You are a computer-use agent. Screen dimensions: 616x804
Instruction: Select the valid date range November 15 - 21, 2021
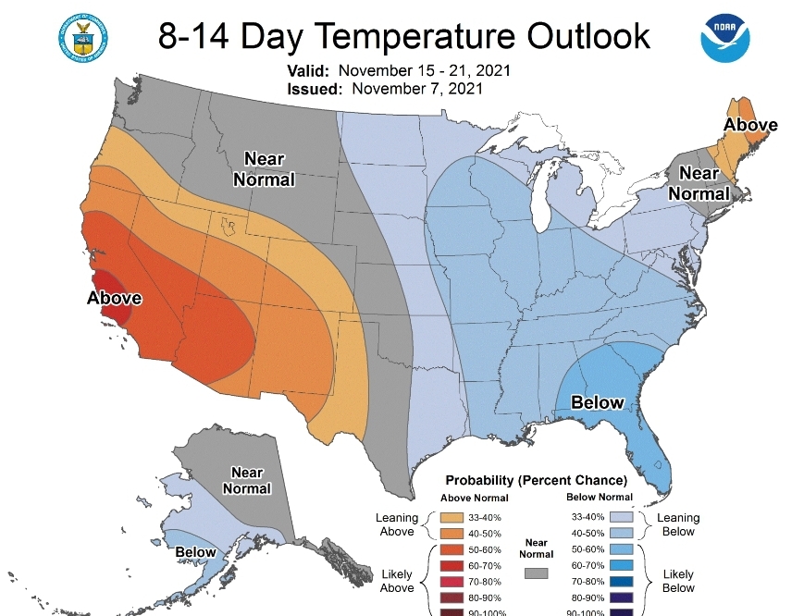coord(425,71)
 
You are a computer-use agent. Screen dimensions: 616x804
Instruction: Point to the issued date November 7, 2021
coord(416,89)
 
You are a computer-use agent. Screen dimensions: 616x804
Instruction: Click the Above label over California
coord(114,298)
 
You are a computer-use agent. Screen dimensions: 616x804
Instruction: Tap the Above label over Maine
coord(750,125)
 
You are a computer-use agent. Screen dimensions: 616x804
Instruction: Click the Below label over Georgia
coord(598,402)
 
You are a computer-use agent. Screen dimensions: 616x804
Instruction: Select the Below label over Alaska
coord(196,552)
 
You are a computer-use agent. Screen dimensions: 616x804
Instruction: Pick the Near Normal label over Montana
coord(264,169)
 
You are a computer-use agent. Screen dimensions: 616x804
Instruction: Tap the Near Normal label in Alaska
coord(247,480)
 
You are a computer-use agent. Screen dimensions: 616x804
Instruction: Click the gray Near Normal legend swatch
coord(537,573)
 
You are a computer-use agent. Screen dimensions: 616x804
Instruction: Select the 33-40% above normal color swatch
coord(453,517)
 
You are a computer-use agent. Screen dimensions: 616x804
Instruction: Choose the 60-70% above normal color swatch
coord(453,565)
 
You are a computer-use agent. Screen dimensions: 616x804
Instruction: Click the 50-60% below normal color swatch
coord(622,548)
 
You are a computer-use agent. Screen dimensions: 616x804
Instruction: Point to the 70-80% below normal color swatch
coord(622,581)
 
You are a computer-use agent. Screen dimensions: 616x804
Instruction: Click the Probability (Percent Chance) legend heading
coord(536,481)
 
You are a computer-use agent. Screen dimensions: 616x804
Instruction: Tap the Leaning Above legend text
coord(397,524)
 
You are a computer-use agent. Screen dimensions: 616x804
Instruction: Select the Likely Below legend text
coord(678,581)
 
